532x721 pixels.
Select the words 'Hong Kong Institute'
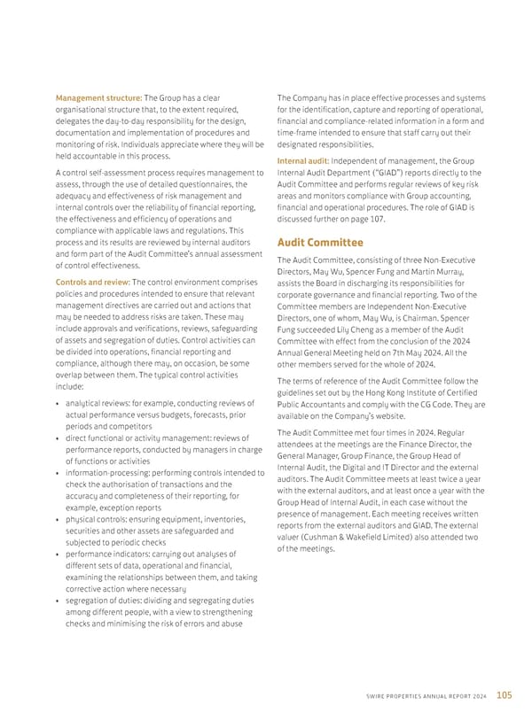coord(395,393)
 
